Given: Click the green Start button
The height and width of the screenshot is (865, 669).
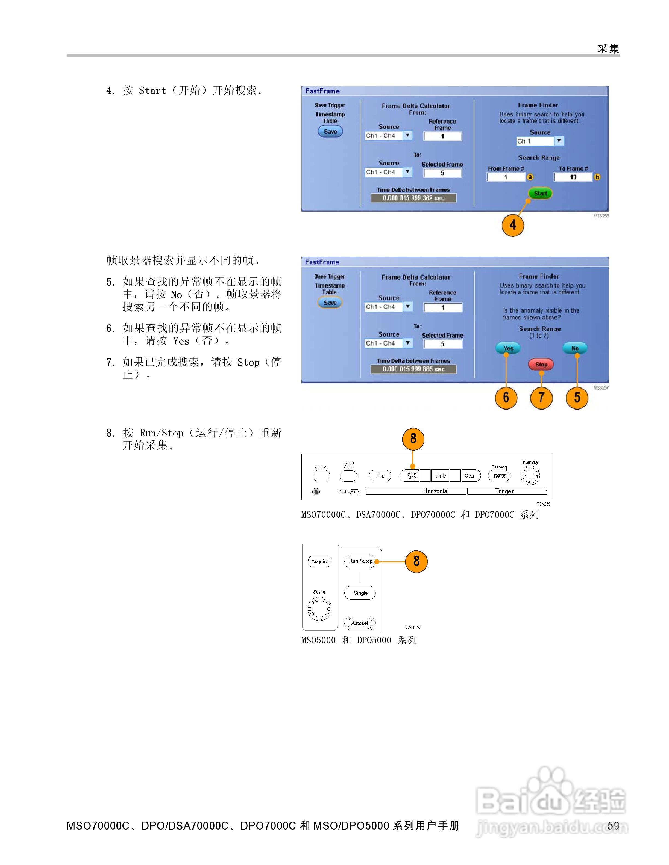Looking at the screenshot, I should [540, 193].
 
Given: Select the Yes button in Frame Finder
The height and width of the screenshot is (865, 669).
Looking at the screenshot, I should [508, 348].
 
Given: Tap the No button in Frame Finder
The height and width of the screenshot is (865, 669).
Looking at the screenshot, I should [575, 348].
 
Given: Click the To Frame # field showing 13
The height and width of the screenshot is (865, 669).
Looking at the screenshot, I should [573, 177].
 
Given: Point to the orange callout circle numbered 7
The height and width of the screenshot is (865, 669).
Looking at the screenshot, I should [541, 397].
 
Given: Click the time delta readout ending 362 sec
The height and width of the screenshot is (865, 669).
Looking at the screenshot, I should [413, 198].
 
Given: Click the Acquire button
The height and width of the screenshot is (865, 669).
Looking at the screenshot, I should [319, 561].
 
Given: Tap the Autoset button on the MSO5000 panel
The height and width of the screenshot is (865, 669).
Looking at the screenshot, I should [360, 623].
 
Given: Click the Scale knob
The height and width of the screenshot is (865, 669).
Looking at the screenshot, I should [319, 609].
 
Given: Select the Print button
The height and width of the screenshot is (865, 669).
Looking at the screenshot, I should [380, 476].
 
